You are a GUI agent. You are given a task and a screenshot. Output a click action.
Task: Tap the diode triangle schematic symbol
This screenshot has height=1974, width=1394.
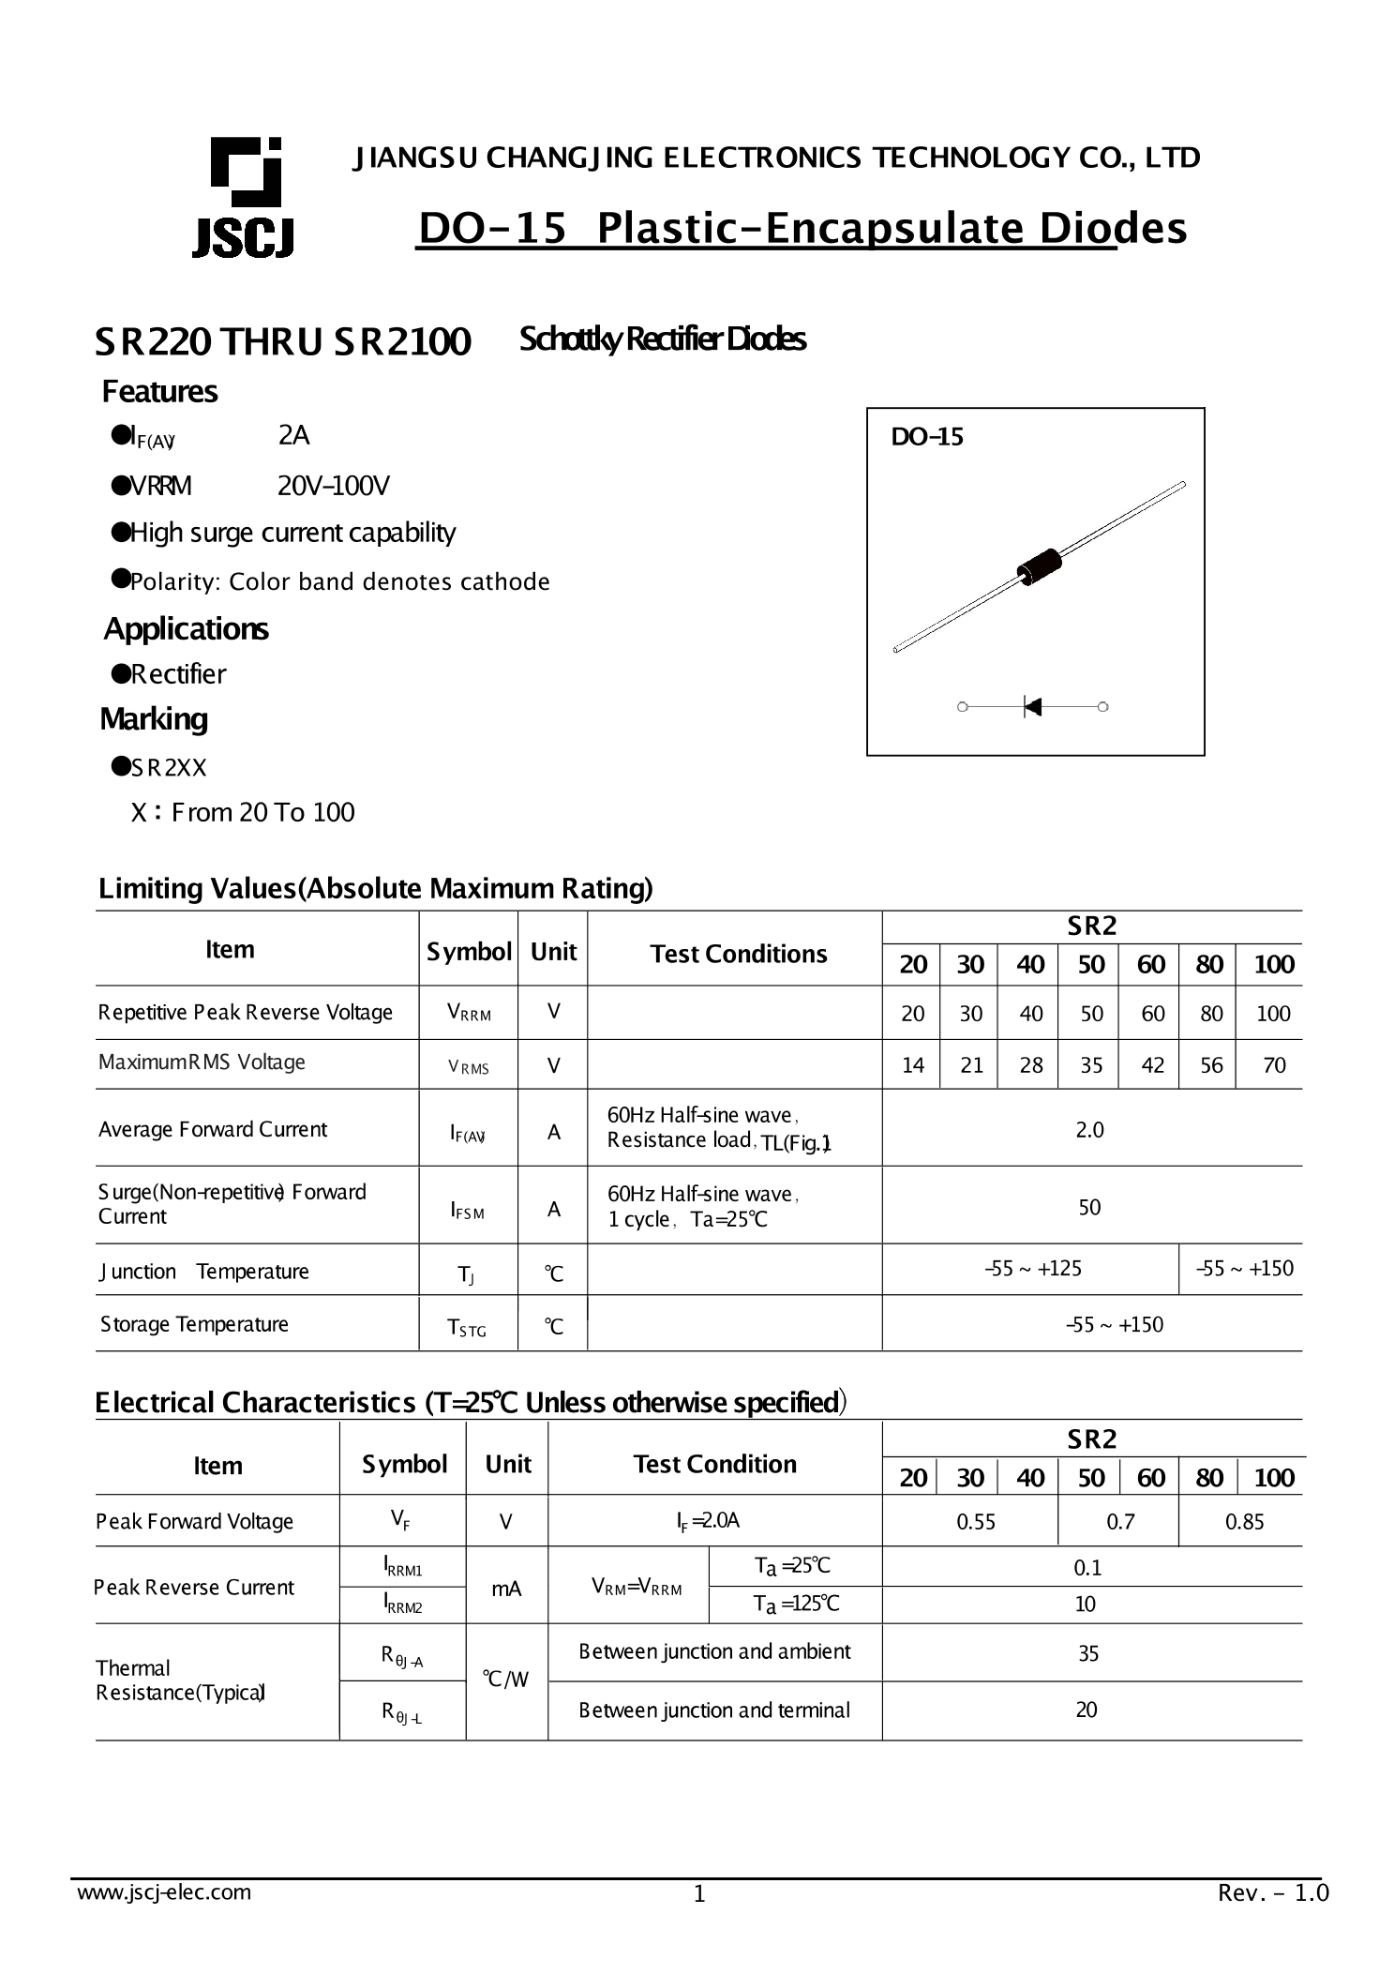tap(1032, 706)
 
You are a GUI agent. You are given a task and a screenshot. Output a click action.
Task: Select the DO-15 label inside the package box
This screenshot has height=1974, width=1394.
tap(926, 437)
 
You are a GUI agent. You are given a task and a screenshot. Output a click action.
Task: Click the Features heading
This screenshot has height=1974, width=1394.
tap(159, 391)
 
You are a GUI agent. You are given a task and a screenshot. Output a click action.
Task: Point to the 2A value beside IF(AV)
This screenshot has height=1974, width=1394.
tap(293, 435)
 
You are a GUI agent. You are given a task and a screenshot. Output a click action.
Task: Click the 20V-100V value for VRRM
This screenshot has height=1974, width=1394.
tap(333, 486)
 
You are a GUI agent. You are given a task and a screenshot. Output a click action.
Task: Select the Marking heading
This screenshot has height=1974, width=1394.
tap(154, 719)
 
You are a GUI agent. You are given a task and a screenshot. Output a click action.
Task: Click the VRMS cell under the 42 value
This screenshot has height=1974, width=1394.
tap(1152, 1065)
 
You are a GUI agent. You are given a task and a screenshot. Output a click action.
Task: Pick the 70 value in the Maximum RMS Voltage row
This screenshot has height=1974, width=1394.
tap(1273, 1065)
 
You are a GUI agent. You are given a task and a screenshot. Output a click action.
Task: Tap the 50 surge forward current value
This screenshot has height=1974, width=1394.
tap(1089, 1207)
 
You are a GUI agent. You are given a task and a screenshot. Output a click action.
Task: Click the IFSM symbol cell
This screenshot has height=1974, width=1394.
tap(467, 1211)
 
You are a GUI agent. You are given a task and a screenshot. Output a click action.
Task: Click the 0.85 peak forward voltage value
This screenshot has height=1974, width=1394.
tap(1244, 1522)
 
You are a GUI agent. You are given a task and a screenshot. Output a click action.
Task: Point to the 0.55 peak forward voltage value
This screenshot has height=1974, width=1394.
tap(975, 1522)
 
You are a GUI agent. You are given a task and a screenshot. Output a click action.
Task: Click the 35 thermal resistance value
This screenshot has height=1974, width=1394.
tap(1087, 1653)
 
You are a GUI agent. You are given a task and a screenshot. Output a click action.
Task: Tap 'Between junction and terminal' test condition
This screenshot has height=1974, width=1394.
tap(713, 1710)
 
